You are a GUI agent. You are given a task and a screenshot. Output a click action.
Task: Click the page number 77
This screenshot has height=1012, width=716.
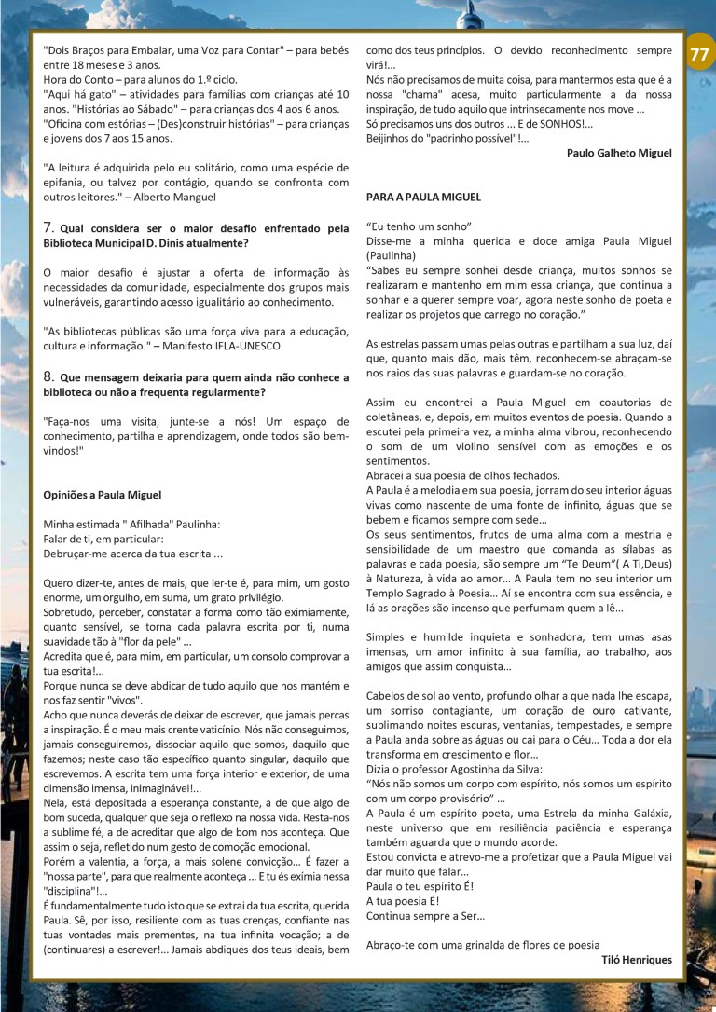[698, 55]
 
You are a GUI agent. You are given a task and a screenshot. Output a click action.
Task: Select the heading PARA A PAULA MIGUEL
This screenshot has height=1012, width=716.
[423, 198]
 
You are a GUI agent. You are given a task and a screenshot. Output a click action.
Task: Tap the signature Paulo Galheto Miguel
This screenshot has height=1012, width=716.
[619, 153]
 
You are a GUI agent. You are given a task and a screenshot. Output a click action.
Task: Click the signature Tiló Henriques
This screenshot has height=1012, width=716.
[637, 959]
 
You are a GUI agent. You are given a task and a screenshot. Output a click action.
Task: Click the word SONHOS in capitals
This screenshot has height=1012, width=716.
[558, 124]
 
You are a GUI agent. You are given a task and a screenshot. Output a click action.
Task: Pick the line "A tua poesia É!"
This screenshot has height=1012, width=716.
[402, 901]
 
